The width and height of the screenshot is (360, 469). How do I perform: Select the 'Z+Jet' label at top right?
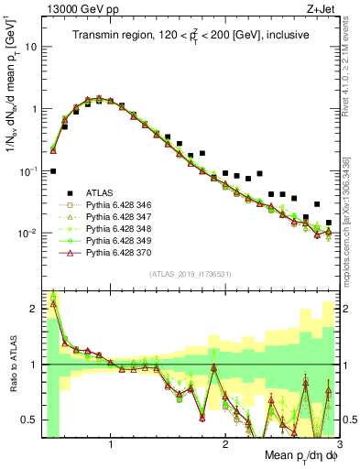pyautogui.click(x=322, y=8)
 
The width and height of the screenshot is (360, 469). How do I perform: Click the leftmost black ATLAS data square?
pyautogui.click(x=53, y=171)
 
